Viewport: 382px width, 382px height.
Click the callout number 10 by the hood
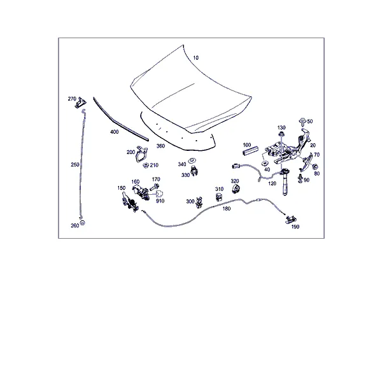coord(196,58)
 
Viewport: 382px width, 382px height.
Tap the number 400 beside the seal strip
coord(114,132)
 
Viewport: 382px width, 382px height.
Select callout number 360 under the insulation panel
coord(160,146)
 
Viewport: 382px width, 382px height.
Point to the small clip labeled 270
coord(81,103)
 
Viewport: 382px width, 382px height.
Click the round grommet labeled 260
coord(82,223)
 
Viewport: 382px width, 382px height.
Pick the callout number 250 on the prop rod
coord(75,165)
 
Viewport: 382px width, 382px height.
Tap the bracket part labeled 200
coord(141,153)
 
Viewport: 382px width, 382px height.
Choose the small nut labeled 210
coord(146,166)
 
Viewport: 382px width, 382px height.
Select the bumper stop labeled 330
coord(194,171)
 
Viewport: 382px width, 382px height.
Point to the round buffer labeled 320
coord(236,189)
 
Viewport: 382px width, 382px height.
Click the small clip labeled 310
coord(219,197)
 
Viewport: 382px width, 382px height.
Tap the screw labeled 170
coord(155,187)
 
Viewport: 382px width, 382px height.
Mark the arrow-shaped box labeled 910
coord(159,194)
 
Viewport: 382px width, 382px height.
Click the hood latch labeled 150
coord(130,202)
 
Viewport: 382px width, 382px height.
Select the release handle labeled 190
coord(291,220)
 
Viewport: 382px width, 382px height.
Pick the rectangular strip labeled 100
coord(250,150)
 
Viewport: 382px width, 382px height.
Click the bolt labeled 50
coord(302,122)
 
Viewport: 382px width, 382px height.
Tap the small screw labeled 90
coord(300,178)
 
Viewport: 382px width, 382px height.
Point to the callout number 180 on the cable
coord(227,209)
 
